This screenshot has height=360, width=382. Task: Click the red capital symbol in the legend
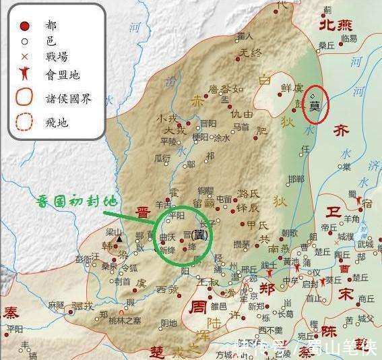tap(24, 26)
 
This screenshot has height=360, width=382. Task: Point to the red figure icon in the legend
tap(24, 73)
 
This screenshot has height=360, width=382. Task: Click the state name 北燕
tap(336, 25)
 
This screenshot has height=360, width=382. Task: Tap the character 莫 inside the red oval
tap(315, 105)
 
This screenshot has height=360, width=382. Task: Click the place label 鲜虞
tap(291, 88)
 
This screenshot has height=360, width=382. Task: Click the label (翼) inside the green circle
tap(199, 235)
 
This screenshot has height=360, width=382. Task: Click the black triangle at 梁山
tap(120, 239)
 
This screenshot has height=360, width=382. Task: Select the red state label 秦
tap(11, 312)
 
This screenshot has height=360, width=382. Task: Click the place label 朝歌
tap(289, 232)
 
